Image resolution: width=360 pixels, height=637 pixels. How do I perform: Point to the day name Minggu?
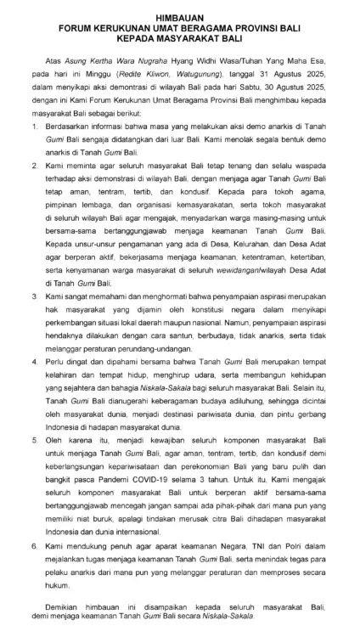tap(104, 75)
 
